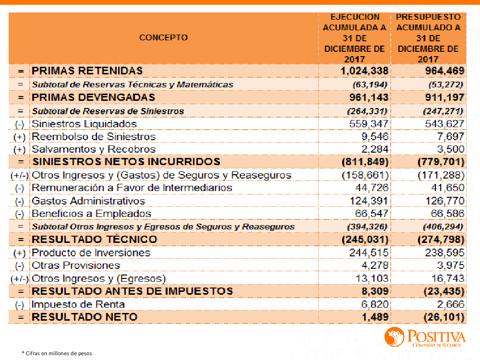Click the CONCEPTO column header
click(x=163, y=37)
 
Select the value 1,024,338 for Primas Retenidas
click(x=364, y=71)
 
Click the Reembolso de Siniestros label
click(x=94, y=137)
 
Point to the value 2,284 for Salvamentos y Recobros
click(x=375, y=149)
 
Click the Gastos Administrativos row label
click(x=88, y=201)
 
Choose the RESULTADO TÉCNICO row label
click(x=94, y=239)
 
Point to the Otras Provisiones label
click(x=76, y=265)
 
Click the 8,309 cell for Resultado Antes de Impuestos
click(x=375, y=291)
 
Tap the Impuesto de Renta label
click(x=78, y=304)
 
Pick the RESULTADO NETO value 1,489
click(x=375, y=317)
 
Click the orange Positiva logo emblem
click(x=395, y=337)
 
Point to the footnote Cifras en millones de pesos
click(x=57, y=353)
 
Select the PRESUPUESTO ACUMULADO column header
click(x=428, y=38)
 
